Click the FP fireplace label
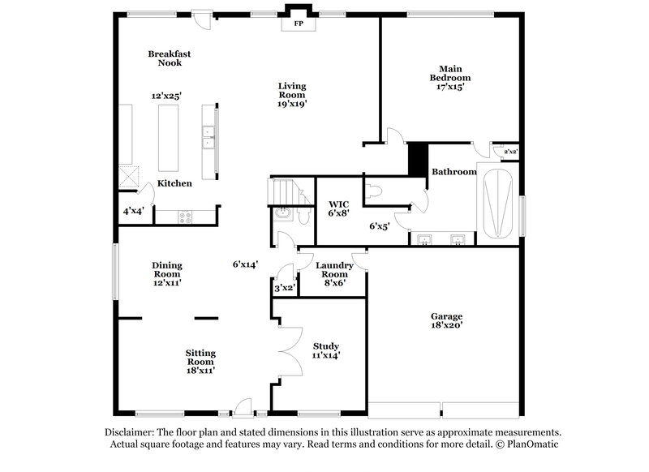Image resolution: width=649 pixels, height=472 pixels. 298,24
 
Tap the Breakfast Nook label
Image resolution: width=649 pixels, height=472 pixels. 164,58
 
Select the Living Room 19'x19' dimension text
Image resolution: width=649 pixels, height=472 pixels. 292,104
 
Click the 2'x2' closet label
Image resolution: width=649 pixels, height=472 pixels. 510,152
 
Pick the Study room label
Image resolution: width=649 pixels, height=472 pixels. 325,346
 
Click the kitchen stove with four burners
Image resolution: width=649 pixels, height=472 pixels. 183,217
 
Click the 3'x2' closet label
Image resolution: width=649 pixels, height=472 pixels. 283,288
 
